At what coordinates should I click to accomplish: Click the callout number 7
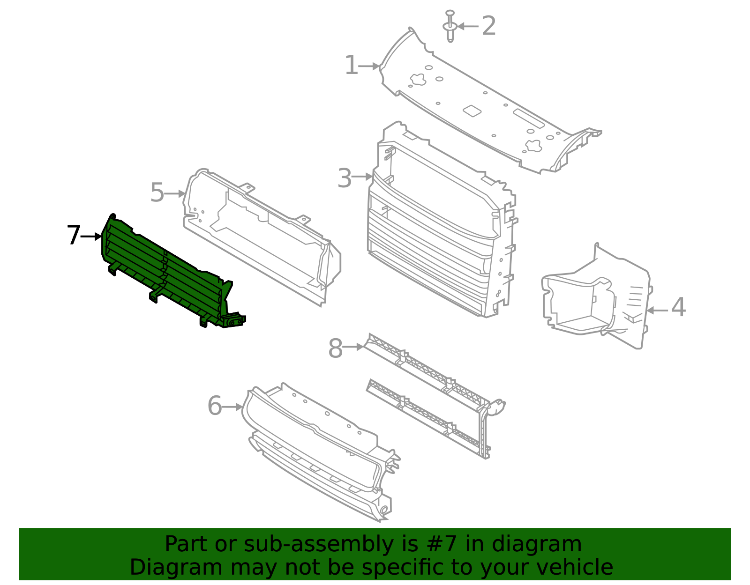[74, 235]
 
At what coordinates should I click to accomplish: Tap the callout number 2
[488, 26]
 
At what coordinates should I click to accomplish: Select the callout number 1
[351, 66]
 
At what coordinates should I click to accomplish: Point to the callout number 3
[345, 178]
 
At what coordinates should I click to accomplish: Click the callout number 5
[157, 193]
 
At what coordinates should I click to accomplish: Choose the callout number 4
[678, 308]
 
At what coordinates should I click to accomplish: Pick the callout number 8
[336, 349]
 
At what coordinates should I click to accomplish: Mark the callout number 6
[215, 406]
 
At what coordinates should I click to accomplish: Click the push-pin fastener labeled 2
[450, 26]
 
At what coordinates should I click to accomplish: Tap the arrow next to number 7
[92, 237]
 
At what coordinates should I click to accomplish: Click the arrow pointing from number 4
[657, 310]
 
